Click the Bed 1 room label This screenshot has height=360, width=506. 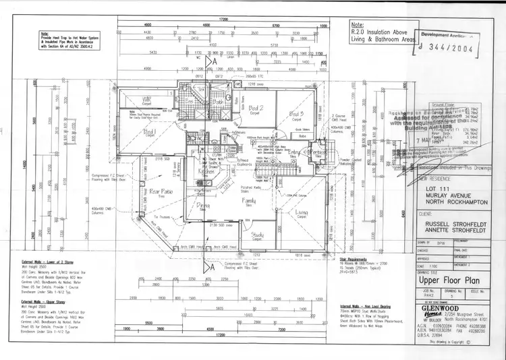tap(149, 132)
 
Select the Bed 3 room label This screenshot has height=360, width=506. tap(297, 113)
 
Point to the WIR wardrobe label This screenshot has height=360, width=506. tap(147, 101)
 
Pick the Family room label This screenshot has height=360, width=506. tap(249, 201)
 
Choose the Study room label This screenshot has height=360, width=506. tap(258, 235)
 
